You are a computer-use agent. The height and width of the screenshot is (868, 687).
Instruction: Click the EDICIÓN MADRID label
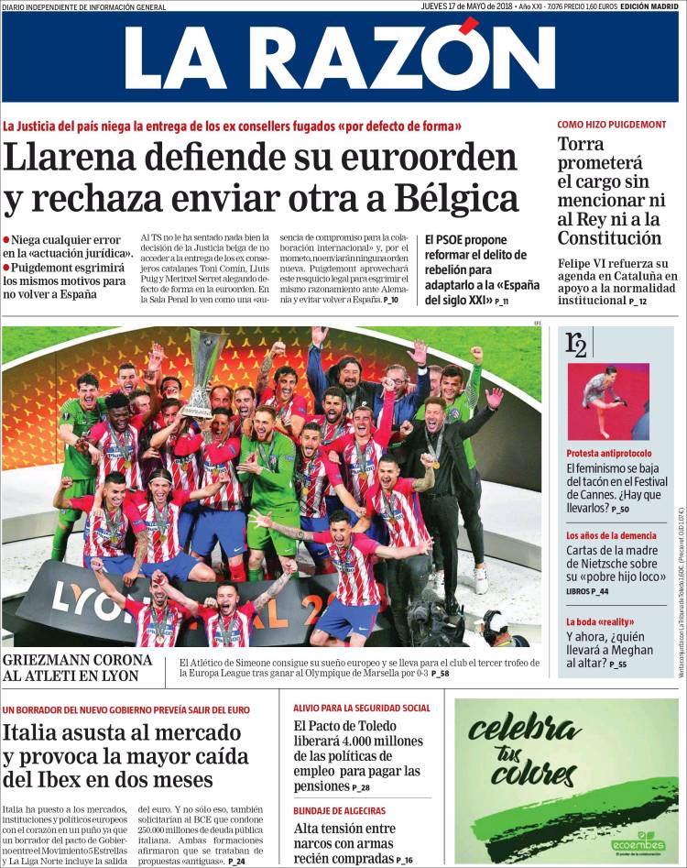coord(649,6)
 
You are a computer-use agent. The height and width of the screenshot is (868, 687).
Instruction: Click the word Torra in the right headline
coord(586,145)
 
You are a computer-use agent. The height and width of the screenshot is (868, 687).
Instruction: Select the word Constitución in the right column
coord(610,239)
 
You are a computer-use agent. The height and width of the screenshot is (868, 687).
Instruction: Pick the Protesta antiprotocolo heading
coord(607,453)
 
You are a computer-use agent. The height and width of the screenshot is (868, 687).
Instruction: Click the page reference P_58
coord(439,674)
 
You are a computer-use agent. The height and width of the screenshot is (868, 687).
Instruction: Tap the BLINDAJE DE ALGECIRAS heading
coord(339,811)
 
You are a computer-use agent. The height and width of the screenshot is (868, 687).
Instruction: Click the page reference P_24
coord(236,862)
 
